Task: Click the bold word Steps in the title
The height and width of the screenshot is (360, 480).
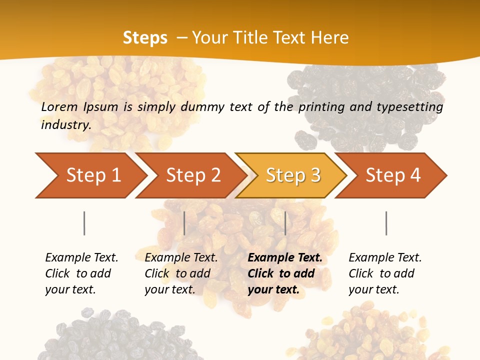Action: (x=145, y=37)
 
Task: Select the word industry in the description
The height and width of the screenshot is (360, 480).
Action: (x=65, y=124)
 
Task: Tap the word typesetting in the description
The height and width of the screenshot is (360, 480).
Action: (x=409, y=106)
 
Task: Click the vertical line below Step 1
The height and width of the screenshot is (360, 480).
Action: (x=84, y=223)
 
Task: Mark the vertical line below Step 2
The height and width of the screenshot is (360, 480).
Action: (x=184, y=223)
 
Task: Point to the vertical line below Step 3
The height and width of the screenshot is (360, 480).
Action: (x=285, y=223)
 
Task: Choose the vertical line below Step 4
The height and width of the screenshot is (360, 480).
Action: (x=386, y=223)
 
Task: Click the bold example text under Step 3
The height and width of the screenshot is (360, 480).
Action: (x=284, y=273)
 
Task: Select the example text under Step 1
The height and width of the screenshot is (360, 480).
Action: (x=81, y=273)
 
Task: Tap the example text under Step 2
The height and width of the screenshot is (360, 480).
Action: (x=181, y=273)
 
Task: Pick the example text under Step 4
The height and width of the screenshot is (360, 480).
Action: (x=385, y=273)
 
